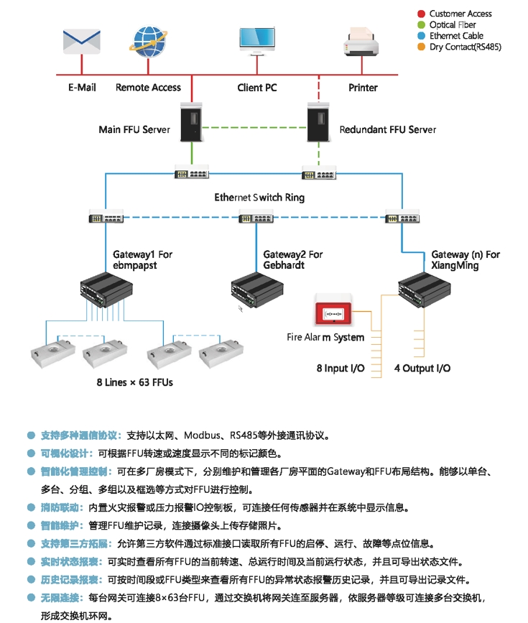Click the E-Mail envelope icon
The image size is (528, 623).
pyautogui.click(x=80, y=42)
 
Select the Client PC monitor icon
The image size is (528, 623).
pyautogui.click(x=256, y=41)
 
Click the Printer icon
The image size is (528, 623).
pyautogui.click(x=363, y=42)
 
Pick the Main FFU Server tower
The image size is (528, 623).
pyautogui.click(x=191, y=121)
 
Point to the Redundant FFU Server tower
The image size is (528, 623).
pyautogui.click(x=319, y=121)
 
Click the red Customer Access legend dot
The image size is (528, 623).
pyautogui.click(x=422, y=14)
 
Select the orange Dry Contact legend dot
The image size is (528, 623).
pyautogui.click(x=422, y=47)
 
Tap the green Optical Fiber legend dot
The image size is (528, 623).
pyautogui.click(x=422, y=24)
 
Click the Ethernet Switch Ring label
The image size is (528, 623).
pyautogui.click(x=259, y=197)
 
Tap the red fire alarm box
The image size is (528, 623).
pyautogui.click(x=333, y=313)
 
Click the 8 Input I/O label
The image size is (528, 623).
pyautogui.click(x=341, y=368)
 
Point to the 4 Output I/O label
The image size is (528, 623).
pyautogui.click(x=422, y=368)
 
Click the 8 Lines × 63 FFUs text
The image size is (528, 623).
pyautogui.click(x=135, y=382)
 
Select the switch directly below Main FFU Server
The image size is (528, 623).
pyautogui.click(x=191, y=173)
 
